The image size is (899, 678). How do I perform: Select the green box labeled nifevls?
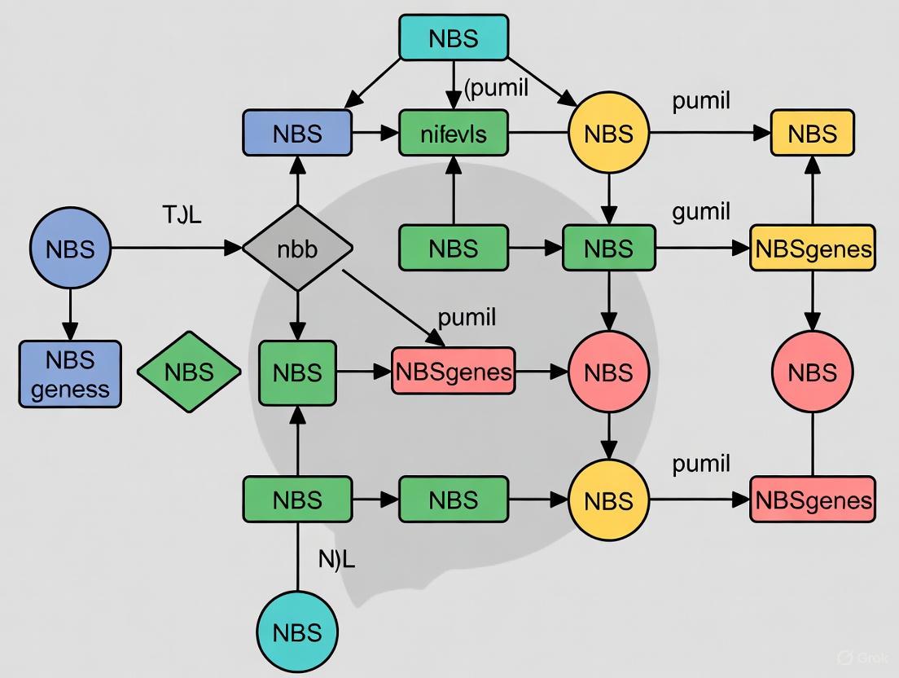point(454,133)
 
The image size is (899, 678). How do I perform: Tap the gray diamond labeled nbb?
point(297,249)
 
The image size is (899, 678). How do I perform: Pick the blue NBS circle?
point(70,249)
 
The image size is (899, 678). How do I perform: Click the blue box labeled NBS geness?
point(70,374)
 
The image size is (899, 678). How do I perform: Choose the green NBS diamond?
point(189,372)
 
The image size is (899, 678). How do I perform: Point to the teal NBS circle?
point(297,632)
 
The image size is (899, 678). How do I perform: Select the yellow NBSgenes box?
point(813,249)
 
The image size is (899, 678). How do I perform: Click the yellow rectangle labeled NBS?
point(813,133)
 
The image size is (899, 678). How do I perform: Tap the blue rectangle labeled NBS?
point(297,133)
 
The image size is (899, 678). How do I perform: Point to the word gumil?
point(701,213)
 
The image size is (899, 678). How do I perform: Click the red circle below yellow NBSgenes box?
point(813,372)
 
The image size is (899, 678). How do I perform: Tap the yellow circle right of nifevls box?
point(609,133)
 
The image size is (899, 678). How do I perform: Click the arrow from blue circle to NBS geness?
point(70,314)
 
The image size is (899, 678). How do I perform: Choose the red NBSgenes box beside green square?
point(454,372)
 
